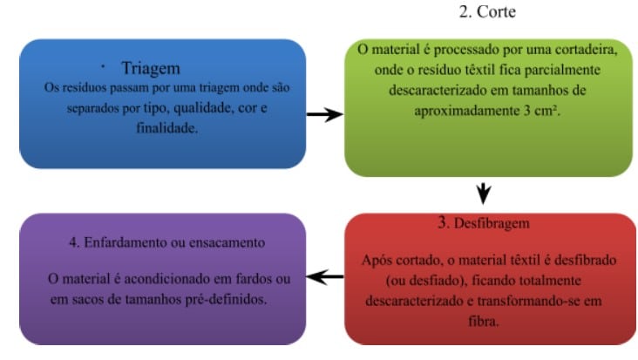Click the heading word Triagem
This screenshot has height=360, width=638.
pos(151,69)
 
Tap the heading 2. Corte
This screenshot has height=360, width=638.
pos(487,11)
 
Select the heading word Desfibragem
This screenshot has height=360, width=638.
pos(492,223)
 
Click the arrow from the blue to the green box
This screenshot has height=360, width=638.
pos(325,114)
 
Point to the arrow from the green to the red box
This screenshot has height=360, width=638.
pos(484,194)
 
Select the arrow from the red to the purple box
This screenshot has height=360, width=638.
pos(325,277)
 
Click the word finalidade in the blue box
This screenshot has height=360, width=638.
pos(166,128)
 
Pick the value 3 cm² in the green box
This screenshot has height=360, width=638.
pos(541,110)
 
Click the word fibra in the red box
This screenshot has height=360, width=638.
pos(484,322)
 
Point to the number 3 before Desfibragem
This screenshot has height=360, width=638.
pos(442,222)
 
